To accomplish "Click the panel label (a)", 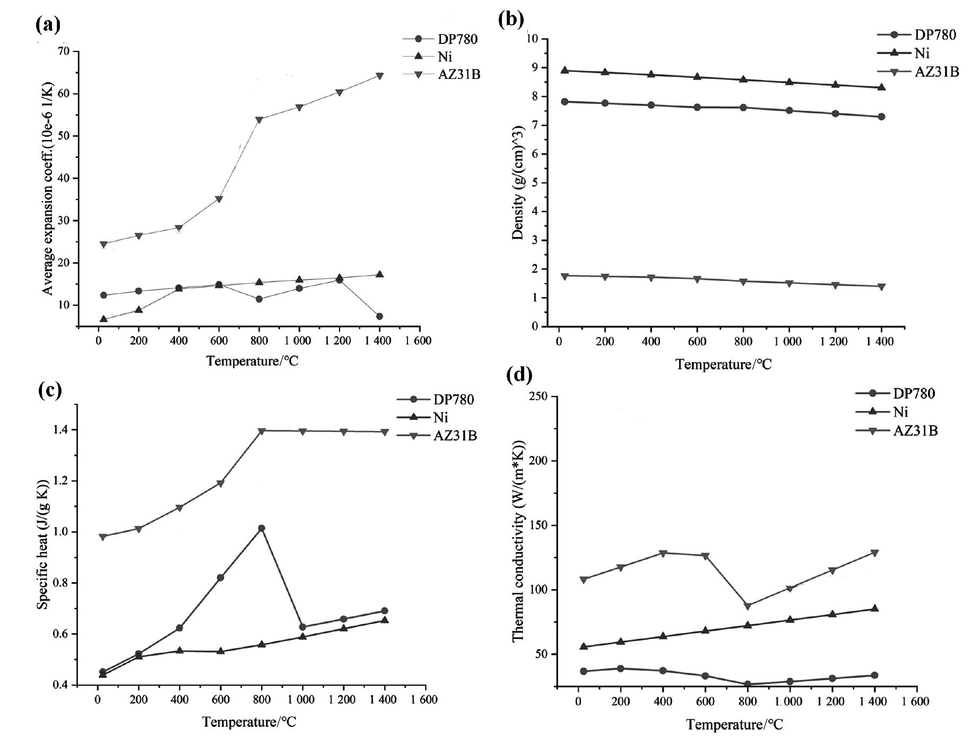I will tap(48, 24).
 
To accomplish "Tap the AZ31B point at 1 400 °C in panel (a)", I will tap(379, 76).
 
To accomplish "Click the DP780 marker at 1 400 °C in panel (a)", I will tap(379, 317).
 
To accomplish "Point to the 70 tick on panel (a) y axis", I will tap(63, 51).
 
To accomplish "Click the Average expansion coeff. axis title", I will tap(48, 189).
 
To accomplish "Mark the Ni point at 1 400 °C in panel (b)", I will tap(881, 87).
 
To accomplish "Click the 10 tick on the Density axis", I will tap(532, 39).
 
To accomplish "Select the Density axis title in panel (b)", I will tap(518, 183).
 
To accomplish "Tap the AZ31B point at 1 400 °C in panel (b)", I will tap(881, 287).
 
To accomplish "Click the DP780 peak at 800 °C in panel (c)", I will tap(261, 528).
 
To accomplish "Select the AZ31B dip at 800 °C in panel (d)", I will tap(748, 606).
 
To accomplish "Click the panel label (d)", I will tap(519, 375).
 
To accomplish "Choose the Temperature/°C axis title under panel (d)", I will tap(734, 724).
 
